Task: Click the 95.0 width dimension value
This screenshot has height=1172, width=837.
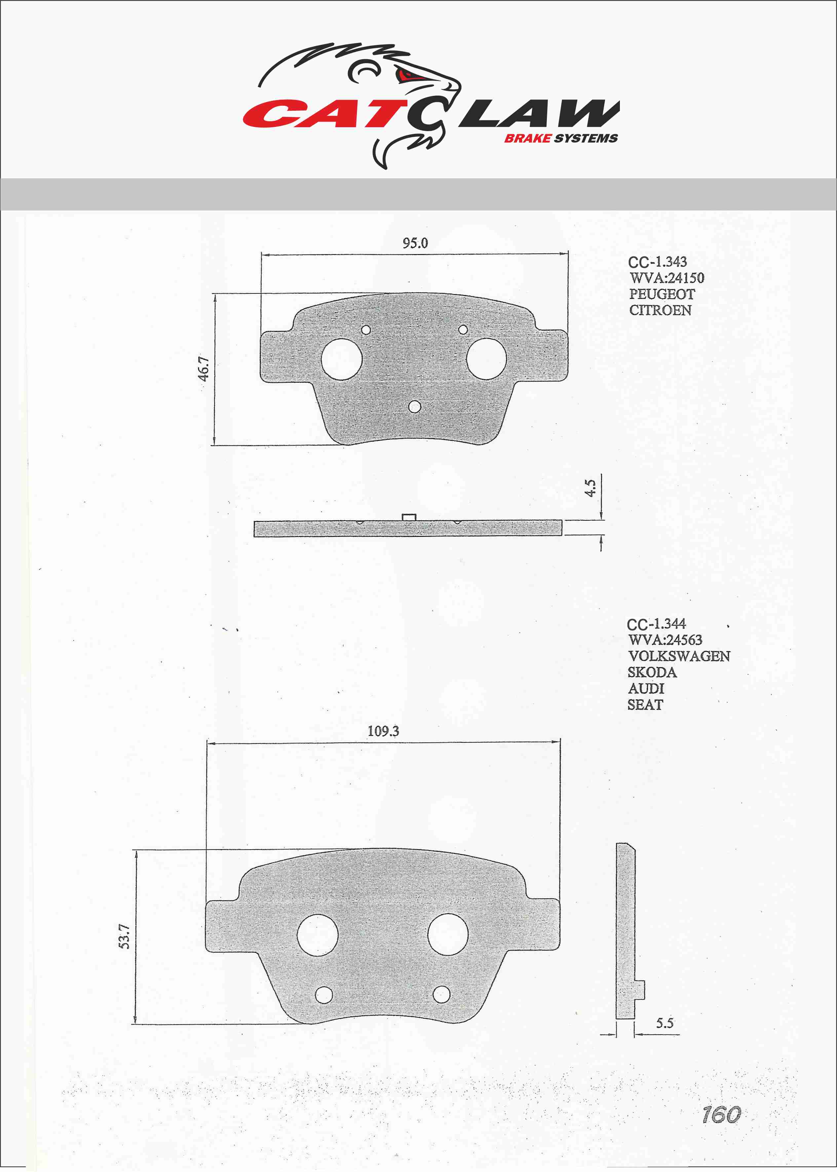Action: (415, 243)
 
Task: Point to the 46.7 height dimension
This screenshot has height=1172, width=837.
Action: (204, 369)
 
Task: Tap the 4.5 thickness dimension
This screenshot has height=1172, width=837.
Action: (590, 488)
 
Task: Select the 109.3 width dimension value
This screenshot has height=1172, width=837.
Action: (383, 731)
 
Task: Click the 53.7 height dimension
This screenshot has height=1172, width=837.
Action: (124, 936)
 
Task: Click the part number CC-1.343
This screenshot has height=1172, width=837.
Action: (657, 262)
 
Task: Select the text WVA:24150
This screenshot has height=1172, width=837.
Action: (666, 278)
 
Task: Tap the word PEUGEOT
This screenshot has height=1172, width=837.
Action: (662, 294)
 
